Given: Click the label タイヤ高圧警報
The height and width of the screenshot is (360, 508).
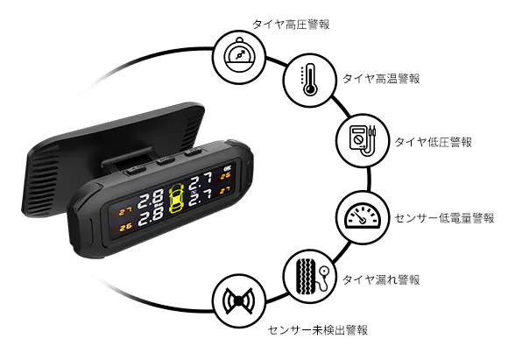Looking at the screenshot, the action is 291,25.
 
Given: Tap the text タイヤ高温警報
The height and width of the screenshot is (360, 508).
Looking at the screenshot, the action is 381,79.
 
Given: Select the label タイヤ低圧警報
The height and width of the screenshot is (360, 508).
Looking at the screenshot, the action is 434,142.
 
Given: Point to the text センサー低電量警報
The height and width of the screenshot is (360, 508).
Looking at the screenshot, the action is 444,218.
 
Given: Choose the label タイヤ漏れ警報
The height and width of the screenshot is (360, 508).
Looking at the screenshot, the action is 381,279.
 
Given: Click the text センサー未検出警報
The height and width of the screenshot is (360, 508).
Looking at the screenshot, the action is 318,330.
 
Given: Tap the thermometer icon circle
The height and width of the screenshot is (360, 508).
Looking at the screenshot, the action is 309,80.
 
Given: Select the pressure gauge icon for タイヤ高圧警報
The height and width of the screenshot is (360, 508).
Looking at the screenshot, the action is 240,57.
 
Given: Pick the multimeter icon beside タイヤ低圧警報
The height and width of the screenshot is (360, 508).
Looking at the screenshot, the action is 363,141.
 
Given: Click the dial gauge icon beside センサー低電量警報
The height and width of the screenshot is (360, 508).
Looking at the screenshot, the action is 363,217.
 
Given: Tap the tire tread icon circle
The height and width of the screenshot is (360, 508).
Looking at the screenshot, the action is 309,276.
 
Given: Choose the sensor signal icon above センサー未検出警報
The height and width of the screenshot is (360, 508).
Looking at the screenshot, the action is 239,301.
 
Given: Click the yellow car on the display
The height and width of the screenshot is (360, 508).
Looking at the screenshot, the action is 176,199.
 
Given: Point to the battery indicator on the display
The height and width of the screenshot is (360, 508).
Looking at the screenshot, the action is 227,168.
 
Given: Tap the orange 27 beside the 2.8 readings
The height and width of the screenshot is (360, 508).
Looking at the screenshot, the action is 125,212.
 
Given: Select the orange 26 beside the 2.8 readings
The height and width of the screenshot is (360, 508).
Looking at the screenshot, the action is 125,227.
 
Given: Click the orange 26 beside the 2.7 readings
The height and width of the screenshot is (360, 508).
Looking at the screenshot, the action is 225,176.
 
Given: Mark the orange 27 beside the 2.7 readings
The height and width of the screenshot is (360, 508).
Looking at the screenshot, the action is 225,191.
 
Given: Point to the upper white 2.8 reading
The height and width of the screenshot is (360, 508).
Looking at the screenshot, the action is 151,199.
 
